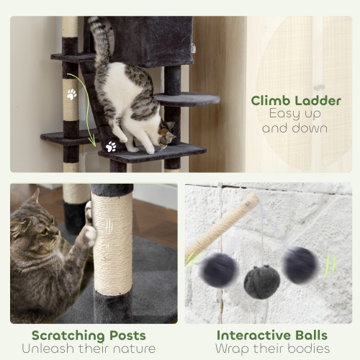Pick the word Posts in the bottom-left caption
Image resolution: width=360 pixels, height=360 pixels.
(128, 336)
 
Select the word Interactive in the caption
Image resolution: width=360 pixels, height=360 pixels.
(251, 336)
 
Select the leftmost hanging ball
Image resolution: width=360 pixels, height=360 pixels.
(220, 270)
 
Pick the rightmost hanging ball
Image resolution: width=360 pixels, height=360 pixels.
(300, 264)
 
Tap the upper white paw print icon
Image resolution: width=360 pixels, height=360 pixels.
(72, 94)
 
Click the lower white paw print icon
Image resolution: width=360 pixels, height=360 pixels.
(111, 146)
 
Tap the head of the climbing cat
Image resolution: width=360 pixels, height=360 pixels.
(166, 135)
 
